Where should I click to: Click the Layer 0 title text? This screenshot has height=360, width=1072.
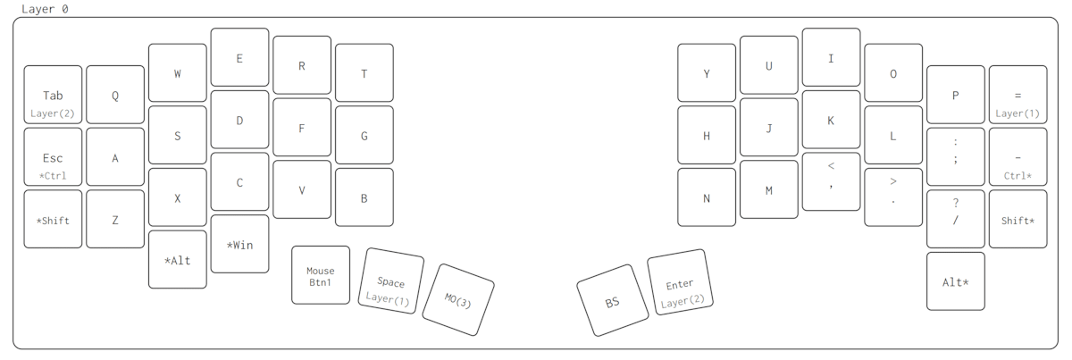45,9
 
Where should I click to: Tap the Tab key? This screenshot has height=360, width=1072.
53,95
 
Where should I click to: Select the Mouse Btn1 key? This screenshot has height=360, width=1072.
321,275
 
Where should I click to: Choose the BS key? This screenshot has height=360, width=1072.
612,302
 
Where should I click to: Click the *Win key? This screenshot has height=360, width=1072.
239,244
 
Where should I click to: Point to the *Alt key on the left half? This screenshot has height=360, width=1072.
178,260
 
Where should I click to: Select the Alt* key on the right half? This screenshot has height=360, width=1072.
955,281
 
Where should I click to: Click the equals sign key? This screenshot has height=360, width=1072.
1018,95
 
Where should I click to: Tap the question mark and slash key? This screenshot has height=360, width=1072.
955,218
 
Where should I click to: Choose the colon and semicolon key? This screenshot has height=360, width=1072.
955,156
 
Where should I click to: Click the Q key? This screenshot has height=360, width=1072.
115,95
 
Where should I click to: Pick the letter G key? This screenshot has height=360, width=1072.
364,136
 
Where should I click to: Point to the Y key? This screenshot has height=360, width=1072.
707,73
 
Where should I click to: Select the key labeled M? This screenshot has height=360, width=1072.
768,189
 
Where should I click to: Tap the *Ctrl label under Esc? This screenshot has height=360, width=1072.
53,176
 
